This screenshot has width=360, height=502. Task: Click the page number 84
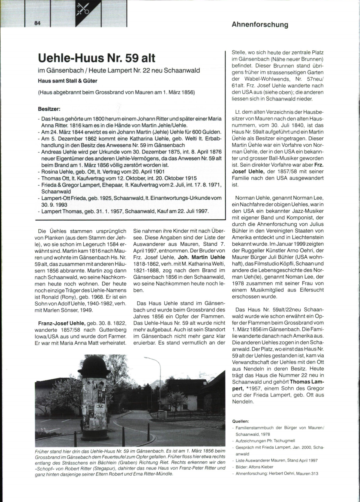(x=37, y=24)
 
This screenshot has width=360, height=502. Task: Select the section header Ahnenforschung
(x=260, y=25)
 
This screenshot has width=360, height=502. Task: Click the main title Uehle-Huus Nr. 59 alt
(x=97, y=58)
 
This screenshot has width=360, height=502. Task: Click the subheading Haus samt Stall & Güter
(x=67, y=81)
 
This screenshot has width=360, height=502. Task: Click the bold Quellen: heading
(x=241, y=421)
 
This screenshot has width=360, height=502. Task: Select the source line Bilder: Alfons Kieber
(x=255, y=467)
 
